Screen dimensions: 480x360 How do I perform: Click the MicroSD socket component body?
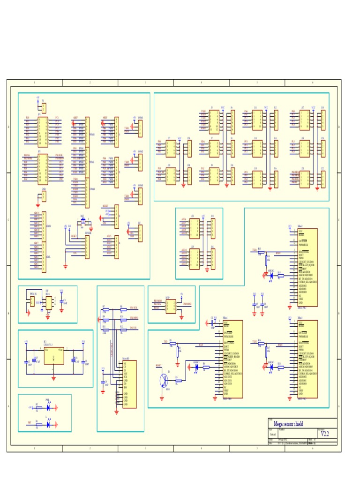pyautogui.click(x=130, y=384)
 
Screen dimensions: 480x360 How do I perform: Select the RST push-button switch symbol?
pyautogui.click(x=82, y=220)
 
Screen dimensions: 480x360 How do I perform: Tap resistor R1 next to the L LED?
pyautogui.click(x=37, y=424)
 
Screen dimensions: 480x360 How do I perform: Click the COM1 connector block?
pyautogui.click(x=140, y=127)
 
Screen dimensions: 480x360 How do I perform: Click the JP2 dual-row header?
pyautogui.click(x=43, y=169)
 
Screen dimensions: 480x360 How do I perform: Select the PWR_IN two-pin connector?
pyautogui.click(x=32, y=303)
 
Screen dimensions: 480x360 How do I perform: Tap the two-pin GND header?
pyautogui.click(x=44, y=196)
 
